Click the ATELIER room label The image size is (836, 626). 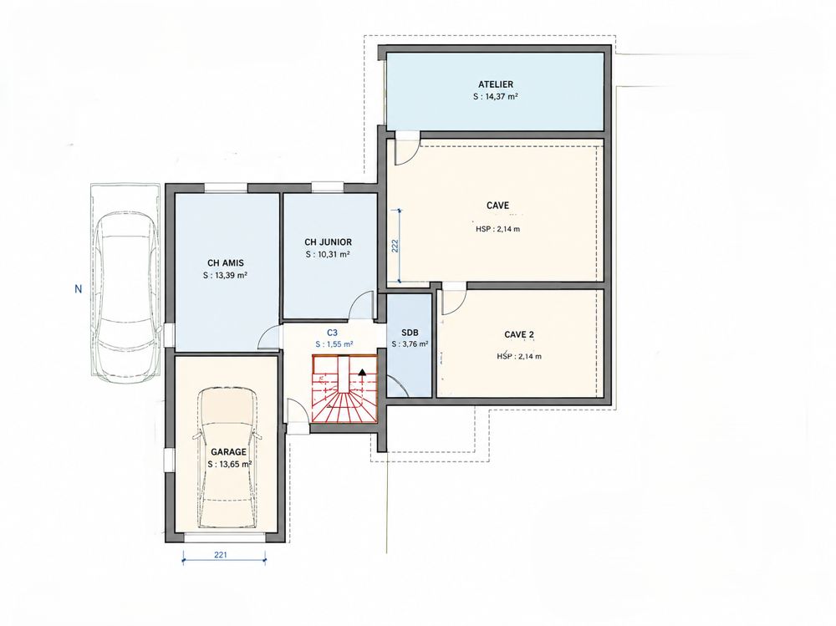click(495, 84)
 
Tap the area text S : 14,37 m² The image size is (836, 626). click(495, 96)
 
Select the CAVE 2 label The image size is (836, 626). click(519, 335)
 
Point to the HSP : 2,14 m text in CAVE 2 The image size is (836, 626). click(519, 356)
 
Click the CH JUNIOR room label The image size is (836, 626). click(328, 242)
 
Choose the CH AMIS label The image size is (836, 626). click(226, 263)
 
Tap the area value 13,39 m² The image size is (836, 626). click(231, 276)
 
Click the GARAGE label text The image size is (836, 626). click(229, 451)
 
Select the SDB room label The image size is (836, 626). click(410, 333)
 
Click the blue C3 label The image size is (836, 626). click(332, 333)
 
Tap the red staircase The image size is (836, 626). click(344, 389)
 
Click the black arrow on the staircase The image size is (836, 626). click(363, 372)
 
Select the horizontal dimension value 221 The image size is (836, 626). click(221, 555)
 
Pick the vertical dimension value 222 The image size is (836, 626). click(395, 246)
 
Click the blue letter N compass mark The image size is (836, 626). click(79, 289)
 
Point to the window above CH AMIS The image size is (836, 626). click(226, 188)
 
